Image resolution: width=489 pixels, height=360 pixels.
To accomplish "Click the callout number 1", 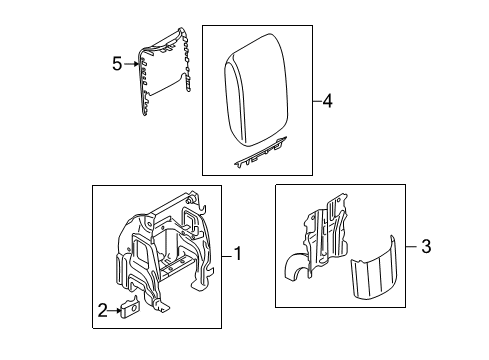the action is [238, 254].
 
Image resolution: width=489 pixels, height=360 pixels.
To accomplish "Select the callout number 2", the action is [103, 310].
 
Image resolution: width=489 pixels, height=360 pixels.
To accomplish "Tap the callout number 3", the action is [426, 247].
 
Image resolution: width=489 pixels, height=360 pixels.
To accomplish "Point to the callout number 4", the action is [328, 101].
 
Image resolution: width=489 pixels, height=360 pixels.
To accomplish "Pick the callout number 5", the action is [117, 64].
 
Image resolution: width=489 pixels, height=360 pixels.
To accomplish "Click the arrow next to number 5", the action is [131, 64].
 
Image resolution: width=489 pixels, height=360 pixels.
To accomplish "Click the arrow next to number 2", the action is [115, 311].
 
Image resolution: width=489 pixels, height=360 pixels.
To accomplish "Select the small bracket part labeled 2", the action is [130, 308].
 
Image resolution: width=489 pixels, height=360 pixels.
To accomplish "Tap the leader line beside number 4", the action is [318, 101].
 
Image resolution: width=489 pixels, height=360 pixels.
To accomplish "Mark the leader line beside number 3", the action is [411, 247].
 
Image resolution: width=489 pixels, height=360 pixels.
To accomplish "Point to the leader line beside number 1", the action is [227, 256].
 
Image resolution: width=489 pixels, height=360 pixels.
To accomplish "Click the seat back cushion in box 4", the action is [256, 90].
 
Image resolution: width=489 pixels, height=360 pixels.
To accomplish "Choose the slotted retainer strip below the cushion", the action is [260, 153].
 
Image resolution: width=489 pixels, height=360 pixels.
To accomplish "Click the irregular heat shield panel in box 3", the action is [317, 236].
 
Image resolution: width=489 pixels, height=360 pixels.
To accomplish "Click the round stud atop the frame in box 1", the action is [191, 200].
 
